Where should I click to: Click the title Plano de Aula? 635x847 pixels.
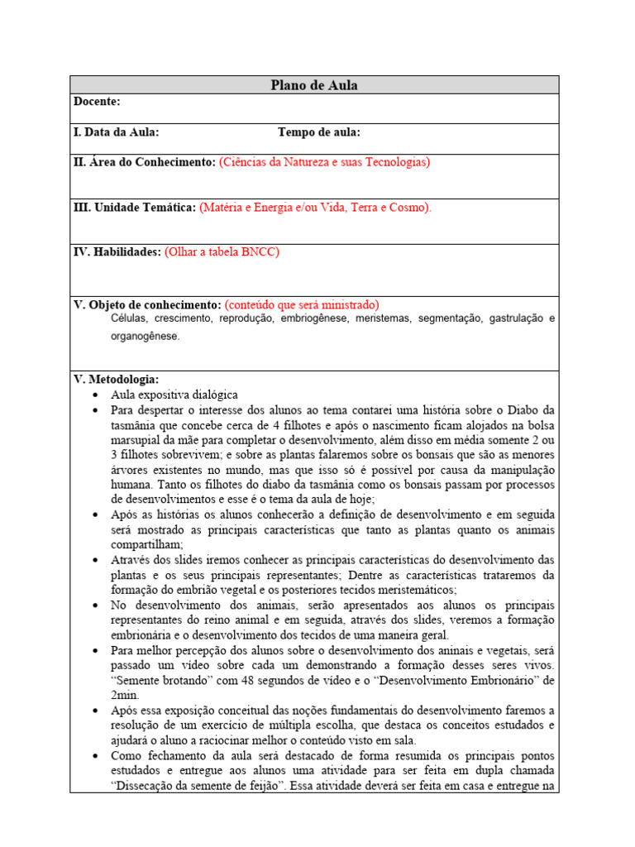(x=314, y=85)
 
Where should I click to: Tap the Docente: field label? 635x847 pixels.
(x=97, y=102)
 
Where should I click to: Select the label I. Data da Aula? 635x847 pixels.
(x=117, y=132)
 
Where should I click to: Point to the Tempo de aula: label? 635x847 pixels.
(x=319, y=132)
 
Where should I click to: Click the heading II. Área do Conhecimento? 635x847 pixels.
(x=145, y=163)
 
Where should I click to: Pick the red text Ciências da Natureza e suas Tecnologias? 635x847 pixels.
(x=324, y=163)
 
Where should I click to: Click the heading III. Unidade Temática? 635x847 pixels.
(x=135, y=208)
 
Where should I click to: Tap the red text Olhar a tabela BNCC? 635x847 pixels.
(x=222, y=252)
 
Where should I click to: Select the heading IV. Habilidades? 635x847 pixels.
(x=117, y=252)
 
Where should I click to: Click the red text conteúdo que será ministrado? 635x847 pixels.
(x=302, y=304)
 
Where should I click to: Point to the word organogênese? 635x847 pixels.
(x=145, y=337)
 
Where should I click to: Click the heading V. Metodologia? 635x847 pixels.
(x=117, y=380)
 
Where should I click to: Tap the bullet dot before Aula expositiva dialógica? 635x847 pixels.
(x=98, y=395)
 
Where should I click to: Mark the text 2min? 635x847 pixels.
(x=126, y=696)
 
